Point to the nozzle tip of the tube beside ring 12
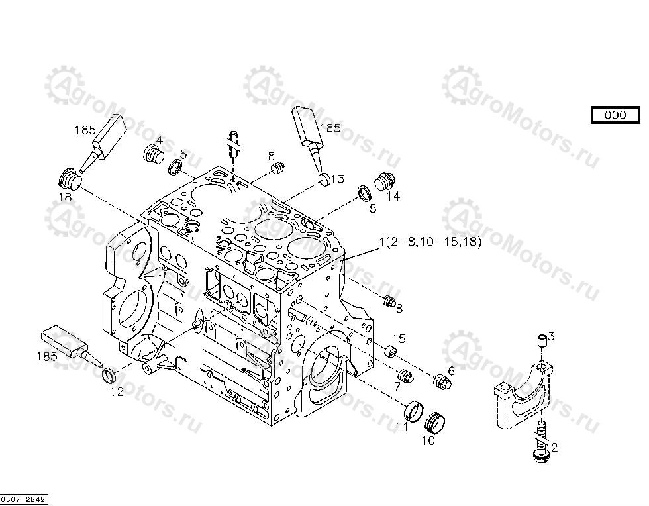[x=102, y=366]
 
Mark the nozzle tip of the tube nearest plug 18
[x=81, y=171]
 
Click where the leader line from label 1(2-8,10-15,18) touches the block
[x=343, y=260]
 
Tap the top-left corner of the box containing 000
[x=592, y=107]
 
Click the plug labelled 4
[x=153, y=155]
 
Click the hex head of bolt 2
[x=539, y=456]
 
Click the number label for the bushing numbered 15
[x=399, y=338]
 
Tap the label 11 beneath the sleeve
[x=402, y=427]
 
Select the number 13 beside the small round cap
[x=338, y=179]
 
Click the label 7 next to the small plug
[x=397, y=387]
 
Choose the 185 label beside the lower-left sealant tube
[x=47, y=356]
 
